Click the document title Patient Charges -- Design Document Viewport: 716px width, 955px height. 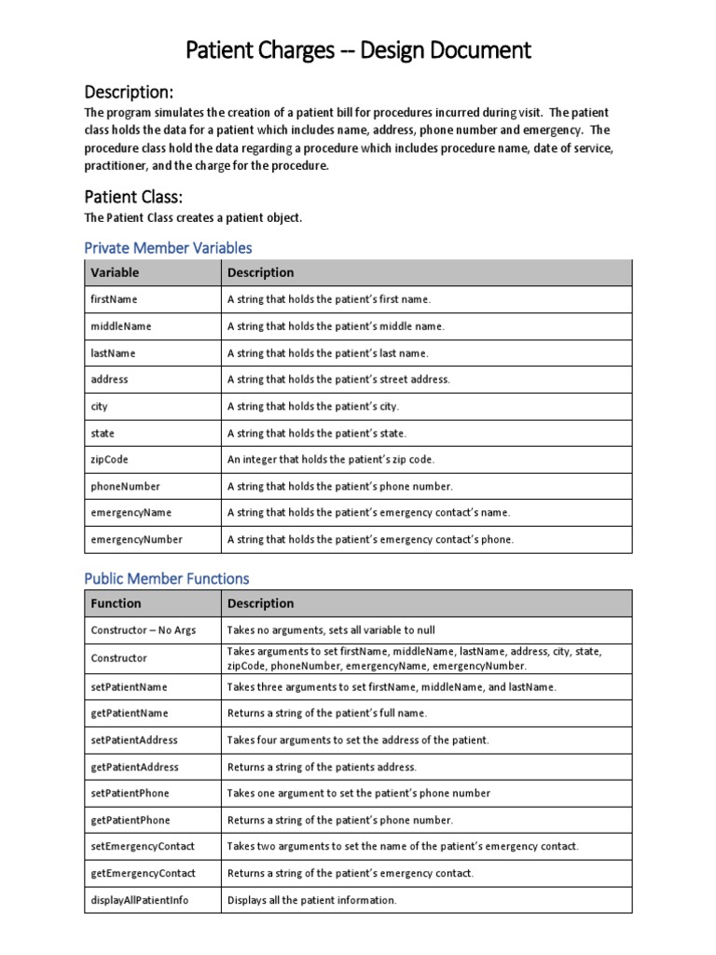[357, 49]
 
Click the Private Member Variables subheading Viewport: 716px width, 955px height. [168, 247]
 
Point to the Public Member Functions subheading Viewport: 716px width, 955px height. [167, 578]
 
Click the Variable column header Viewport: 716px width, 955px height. [115, 273]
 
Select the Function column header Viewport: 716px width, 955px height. [116, 603]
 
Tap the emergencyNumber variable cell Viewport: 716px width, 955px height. [136, 540]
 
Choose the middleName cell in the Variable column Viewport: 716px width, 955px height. [120, 326]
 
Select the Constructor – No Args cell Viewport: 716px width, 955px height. [143, 630]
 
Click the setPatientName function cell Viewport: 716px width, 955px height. [130, 686]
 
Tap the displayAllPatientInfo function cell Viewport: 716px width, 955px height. [140, 901]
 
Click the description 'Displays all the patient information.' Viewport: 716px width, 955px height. [312, 901]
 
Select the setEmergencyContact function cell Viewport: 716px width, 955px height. [143, 847]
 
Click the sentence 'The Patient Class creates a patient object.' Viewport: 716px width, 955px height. [193, 218]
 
